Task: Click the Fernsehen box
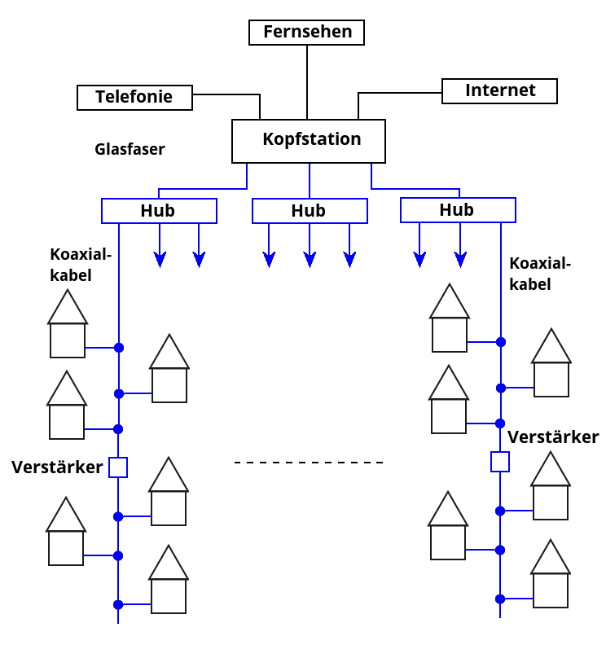pos(306,33)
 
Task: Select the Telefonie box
pos(134,97)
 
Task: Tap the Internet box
pos(499,90)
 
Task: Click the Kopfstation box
pos(309,141)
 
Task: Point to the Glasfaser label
pos(130,149)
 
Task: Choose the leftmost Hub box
pos(159,211)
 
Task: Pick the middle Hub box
pos(310,211)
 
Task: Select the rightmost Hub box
pos(458,210)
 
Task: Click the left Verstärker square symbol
pos(118,467)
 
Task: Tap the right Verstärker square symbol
pos(500,462)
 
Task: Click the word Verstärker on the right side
pos(553,437)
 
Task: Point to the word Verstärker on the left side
pos(57,467)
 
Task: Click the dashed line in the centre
pos(309,463)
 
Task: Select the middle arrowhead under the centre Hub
pos(310,260)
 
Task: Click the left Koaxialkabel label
pos(80,265)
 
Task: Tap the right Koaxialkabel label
pos(540,274)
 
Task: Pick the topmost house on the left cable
pos(68,325)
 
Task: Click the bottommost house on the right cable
pos(551,574)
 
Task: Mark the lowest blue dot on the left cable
pos(118,604)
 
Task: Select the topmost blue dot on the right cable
pos(501,342)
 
